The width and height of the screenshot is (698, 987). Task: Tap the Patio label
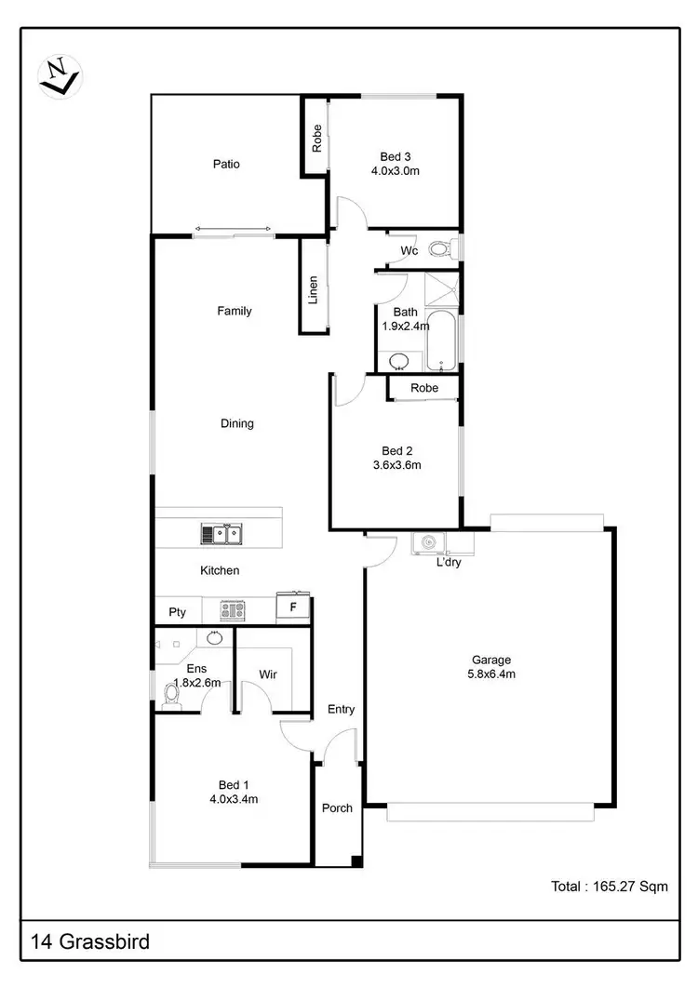(x=226, y=165)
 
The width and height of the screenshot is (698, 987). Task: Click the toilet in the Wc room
(x=443, y=249)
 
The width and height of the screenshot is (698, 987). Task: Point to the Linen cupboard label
(x=314, y=289)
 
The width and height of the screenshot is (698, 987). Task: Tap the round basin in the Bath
(x=398, y=360)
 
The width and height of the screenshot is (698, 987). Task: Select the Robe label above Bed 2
(x=423, y=388)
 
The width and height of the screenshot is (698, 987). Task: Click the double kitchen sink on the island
(x=221, y=534)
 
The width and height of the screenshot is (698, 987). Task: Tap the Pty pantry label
(x=177, y=612)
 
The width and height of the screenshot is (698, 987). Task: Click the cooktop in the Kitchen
(x=232, y=610)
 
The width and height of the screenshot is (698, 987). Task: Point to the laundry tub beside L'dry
(x=429, y=542)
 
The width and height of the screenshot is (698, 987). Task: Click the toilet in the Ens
(x=170, y=695)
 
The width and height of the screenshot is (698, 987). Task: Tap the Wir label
(x=268, y=675)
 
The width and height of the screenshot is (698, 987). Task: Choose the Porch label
(x=337, y=807)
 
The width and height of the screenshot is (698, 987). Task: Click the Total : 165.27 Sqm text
(x=609, y=887)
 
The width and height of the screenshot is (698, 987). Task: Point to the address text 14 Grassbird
(x=89, y=942)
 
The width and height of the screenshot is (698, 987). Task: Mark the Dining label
(x=236, y=423)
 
